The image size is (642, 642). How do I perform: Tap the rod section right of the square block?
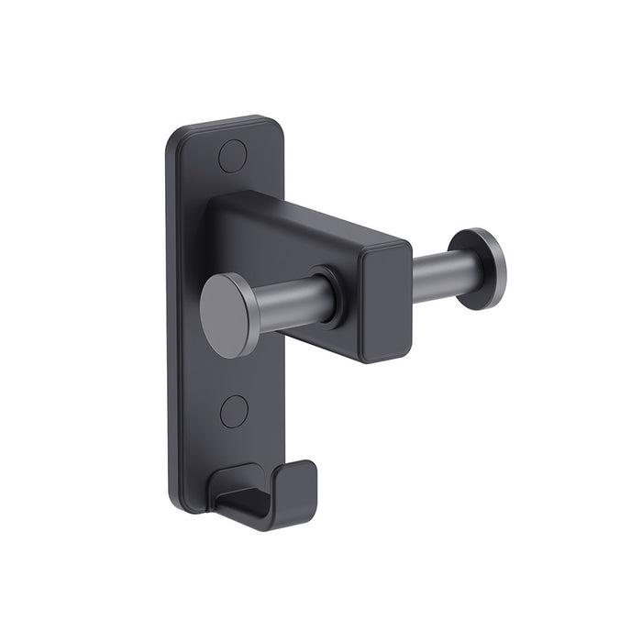click(x=438, y=271)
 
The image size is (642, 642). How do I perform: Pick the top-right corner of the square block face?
click(x=404, y=245)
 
